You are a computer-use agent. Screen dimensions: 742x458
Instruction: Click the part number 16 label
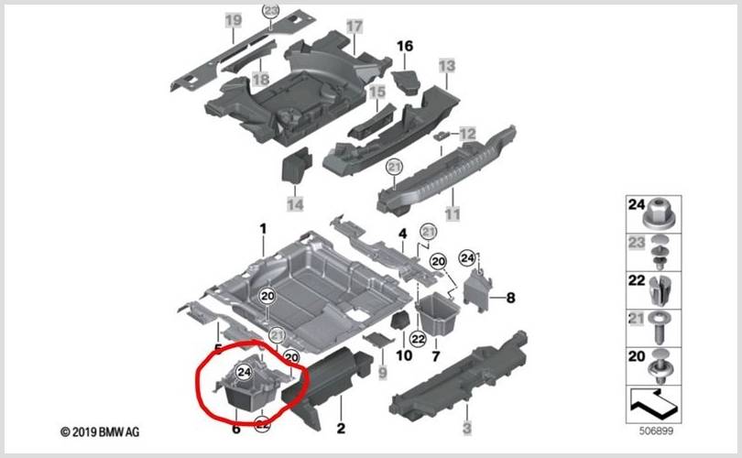pyautogui.click(x=405, y=47)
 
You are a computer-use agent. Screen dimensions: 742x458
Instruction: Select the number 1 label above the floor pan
pyautogui.click(x=263, y=229)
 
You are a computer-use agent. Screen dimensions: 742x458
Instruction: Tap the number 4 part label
pyautogui.click(x=402, y=234)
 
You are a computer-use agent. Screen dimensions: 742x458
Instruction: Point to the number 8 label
pyautogui.click(x=510, y=298)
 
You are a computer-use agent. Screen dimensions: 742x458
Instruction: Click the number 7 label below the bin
pyautogui.click(x=435, y=355)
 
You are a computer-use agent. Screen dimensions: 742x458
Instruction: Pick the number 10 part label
pyautogui.click(x=404, y=355)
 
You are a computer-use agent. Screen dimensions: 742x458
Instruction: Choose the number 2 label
pyautogui.click(x=341, y=428)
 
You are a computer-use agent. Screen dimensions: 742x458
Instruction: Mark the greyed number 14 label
pyautogui.click(x=295, y=204)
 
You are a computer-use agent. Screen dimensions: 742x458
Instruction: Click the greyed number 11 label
pyautogui.click(x=453, y=213)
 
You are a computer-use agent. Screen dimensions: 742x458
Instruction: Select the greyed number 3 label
pyautogui.click(x=466, y=428)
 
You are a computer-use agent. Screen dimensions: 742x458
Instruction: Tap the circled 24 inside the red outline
pyautogui.click(x=244, y=372)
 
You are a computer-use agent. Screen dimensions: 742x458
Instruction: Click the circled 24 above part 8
pyautogui.click(x=467, y=258)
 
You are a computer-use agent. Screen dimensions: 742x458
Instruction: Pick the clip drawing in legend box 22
pyautogui.click(x=660, y=289)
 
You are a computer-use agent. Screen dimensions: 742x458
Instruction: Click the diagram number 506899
pyautogui.click(x=656, y=431)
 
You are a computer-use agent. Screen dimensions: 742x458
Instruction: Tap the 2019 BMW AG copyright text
pyautogui.click(x=100, y=432)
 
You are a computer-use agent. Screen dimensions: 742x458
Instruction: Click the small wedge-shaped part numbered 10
pyautogui.click(x=400, y=322)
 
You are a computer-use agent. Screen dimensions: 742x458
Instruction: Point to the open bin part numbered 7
pyautogui.click(x=437, y=312)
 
